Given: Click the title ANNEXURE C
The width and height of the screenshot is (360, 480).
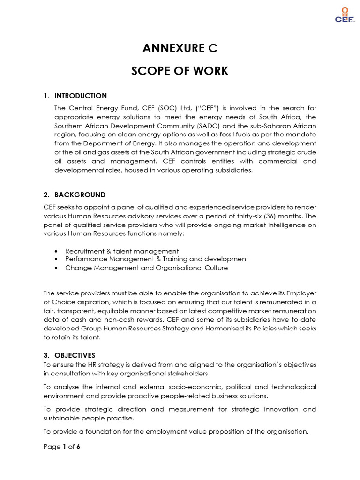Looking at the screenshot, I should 180,48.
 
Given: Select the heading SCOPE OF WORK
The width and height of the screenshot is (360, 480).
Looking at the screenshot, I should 180,71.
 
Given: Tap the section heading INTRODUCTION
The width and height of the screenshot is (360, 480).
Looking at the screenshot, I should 80,96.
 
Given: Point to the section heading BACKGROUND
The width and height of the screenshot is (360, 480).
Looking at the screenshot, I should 80,195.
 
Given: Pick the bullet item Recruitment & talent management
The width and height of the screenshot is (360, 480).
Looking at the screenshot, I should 122,251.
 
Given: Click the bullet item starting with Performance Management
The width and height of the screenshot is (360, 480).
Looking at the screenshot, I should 157,259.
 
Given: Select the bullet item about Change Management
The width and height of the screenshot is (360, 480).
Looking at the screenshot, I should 146,268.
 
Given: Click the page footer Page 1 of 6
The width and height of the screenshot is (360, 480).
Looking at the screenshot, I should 62,447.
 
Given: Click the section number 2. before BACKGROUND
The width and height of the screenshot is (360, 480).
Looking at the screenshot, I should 46,195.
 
